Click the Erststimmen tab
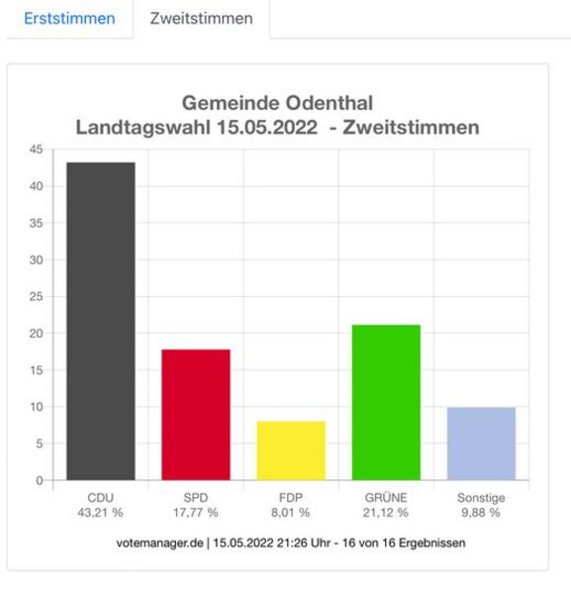pos(69,18)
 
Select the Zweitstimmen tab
pos(202,18)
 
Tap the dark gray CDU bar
pos(101,321)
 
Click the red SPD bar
pos(196,415)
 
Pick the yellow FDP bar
pos(291,450)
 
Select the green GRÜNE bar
pos(386,403)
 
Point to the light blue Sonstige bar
pos(481,444)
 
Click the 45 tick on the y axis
pos(37,149)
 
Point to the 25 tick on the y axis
pos(37,296)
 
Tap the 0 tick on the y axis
pos(40,480)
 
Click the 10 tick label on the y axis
pos(37,407)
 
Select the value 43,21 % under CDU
pos(100,513)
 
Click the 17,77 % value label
pos(196,513)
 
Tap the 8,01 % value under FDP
pos(290,513)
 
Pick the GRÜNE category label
pos(386,497)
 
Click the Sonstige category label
pos(481,498)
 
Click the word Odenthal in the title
pos(330,103)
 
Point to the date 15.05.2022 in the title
pos(267,128)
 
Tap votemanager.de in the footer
pos(159,543)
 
